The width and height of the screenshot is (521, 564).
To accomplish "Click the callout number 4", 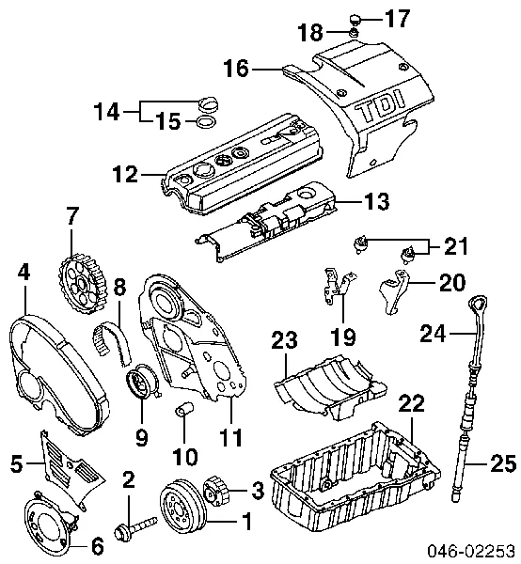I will tap(24, 273).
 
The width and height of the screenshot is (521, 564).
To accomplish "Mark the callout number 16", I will tap(237, 68).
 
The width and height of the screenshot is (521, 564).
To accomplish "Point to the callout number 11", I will tap(230, 438).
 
